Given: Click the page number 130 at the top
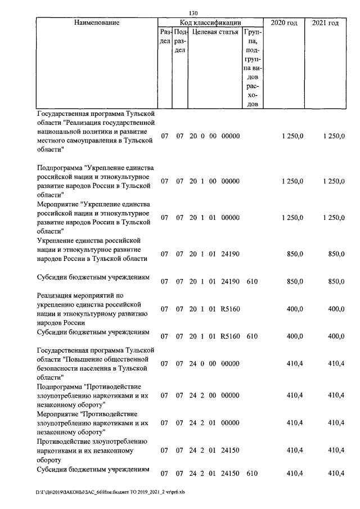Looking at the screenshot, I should click(x=193, y=13).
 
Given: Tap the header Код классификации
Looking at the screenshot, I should click(x=210, y=22).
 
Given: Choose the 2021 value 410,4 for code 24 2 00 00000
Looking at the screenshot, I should click(x=336, y=395).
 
